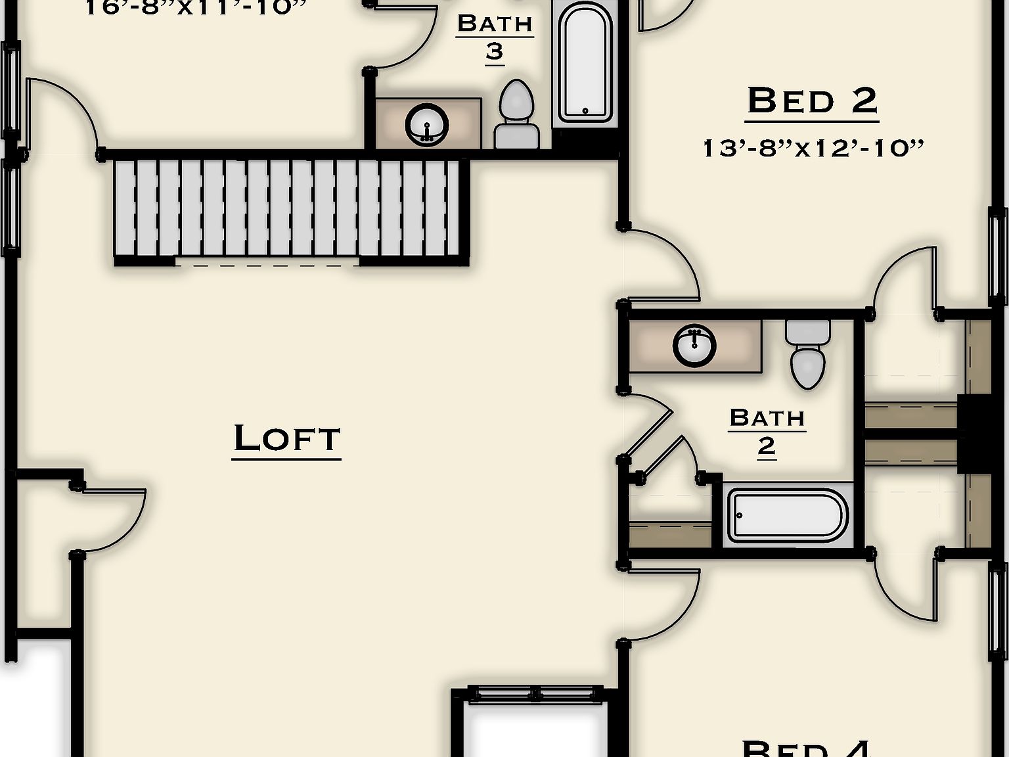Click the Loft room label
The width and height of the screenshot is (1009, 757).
[287, 438]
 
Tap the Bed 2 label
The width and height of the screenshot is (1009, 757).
[813, 101]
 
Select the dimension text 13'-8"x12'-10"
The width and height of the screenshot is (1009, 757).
[813, 148]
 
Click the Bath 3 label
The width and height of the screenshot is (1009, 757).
[495, 37]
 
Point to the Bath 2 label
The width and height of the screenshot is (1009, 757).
[767, 431]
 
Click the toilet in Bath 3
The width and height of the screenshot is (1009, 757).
[517, 115]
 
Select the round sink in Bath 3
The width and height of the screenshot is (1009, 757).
[427, 124]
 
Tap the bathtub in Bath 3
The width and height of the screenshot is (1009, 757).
[585, 64]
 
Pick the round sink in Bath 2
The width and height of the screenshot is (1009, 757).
[694, 345]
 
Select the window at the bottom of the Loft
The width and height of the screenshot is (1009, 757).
[535, 694]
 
